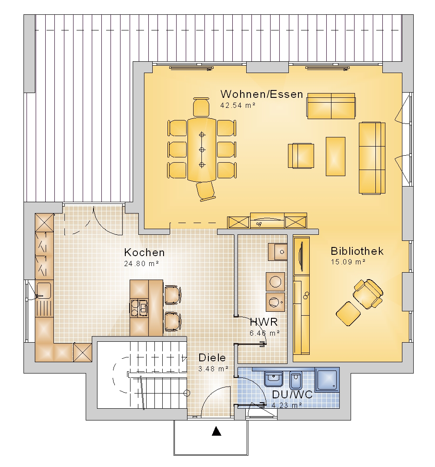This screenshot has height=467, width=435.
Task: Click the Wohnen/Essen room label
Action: pos(261,94)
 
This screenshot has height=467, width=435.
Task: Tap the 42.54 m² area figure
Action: pos(238,105)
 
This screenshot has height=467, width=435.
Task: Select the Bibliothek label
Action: pos(357,251)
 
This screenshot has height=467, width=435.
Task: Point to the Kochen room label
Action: pos(144,252)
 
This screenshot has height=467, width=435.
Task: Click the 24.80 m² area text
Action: pos(141,264)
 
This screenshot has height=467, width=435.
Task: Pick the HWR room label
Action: pos(264,322)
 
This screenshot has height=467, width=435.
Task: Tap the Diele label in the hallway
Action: pos(212,357)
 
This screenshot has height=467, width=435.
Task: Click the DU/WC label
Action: pos(292,395)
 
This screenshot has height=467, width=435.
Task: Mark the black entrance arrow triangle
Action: pos(217,431)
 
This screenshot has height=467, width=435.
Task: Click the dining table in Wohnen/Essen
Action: pos(202,150)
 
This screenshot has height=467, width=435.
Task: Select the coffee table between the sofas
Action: pos(335,157)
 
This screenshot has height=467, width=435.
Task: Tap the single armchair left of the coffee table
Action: pos(301,156)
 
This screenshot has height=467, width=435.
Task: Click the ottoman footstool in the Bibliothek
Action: pos(348,314)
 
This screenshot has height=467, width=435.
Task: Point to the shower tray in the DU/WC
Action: pos(327,379)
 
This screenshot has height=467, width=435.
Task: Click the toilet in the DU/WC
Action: pos(296,380)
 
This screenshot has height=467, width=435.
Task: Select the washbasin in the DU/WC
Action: pos(274,379)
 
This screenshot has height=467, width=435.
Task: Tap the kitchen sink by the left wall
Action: pos(43,290)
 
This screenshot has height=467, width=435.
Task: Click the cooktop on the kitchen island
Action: pos(139,308)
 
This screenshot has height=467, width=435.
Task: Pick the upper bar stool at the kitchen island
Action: pos(173,295)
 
